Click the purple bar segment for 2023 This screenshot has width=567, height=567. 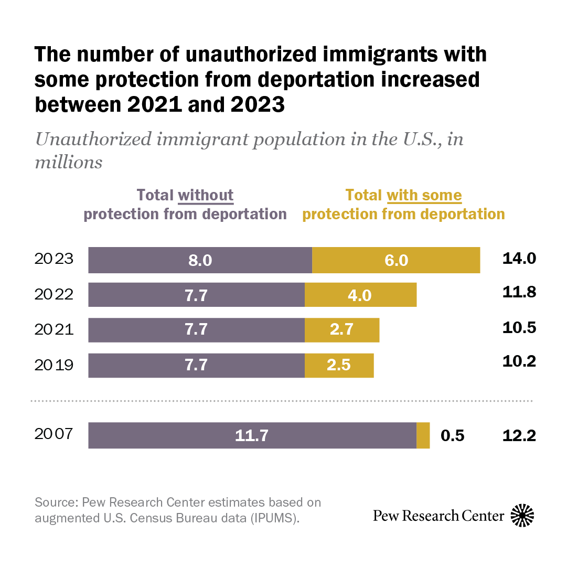click(x=200, y=260)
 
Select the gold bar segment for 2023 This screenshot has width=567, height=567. click(x=396, y=260)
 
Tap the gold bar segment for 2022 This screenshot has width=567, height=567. click(x=360, y=295)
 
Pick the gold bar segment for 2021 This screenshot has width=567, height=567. click(x=342, y=329)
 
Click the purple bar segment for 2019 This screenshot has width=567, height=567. click(x=196, y=365)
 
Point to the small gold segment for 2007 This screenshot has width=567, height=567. click(x=423, y=435)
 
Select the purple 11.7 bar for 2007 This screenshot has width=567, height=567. click(x=252, y=435)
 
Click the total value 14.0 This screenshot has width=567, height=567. click(x=519, y=259)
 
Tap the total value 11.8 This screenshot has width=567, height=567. click(x=519, y=293)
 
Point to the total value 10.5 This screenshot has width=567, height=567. click(x=519, y=328)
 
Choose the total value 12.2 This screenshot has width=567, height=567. click(x=519, y=435)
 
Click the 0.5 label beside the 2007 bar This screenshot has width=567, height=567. click(x=453, y=435)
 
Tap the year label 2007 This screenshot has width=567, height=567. click(x=54, y=434)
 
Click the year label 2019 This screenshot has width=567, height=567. click(x=54, y=365)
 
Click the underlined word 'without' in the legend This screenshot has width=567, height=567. click(x=206, y=196)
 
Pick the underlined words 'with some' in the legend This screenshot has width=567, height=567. click(x=424, y=196)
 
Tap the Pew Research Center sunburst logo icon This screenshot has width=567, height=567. click(x=522, y=515)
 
